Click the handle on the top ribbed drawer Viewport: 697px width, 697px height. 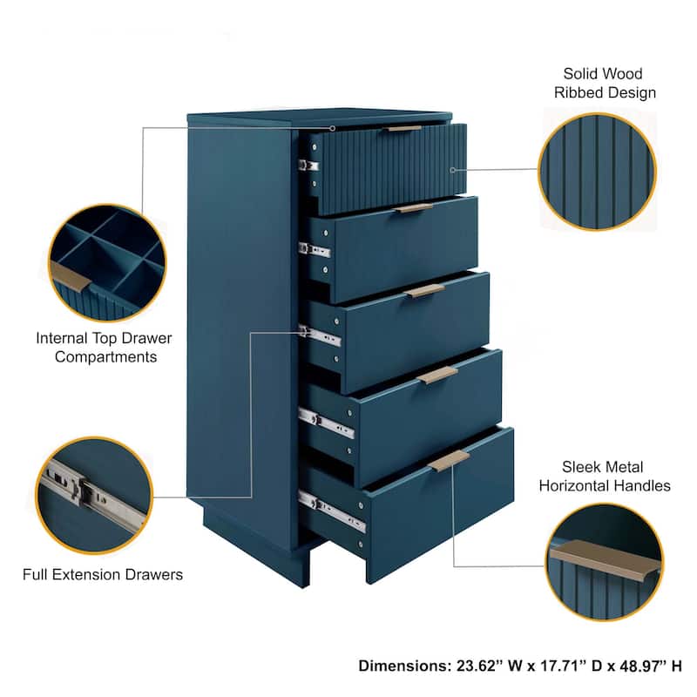pyautogui.click(x=404, y=128)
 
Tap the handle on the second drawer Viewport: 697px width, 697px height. pyautogui.click(x=414, y=208)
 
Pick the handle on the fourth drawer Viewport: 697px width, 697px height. pyautogui.click(x=437, y=374)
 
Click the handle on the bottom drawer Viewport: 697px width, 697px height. pyautogui.click(x=449, y=460)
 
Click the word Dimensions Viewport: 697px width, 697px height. pyautogui.click(x=402, y=666)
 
